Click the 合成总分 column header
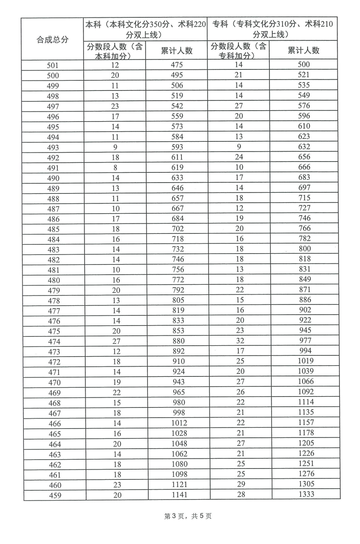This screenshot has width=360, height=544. coord(53,40)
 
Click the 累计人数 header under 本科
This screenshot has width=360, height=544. coord(177,50)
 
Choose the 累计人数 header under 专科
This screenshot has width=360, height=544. coord(303,50)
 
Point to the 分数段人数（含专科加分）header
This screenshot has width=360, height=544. coord(239,50)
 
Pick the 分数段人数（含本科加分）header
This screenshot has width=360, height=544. coord(115,51)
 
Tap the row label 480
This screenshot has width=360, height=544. coord(54,280)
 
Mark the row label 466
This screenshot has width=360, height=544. coord(55,424)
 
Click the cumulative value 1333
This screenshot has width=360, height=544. coord(306,494)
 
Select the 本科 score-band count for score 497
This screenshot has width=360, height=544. coord(116,106)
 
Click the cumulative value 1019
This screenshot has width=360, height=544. coord(305,361)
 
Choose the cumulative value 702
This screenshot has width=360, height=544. coord(178,229)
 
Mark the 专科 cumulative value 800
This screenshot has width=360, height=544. coord(305,249)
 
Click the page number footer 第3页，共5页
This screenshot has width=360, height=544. coord(188,516)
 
